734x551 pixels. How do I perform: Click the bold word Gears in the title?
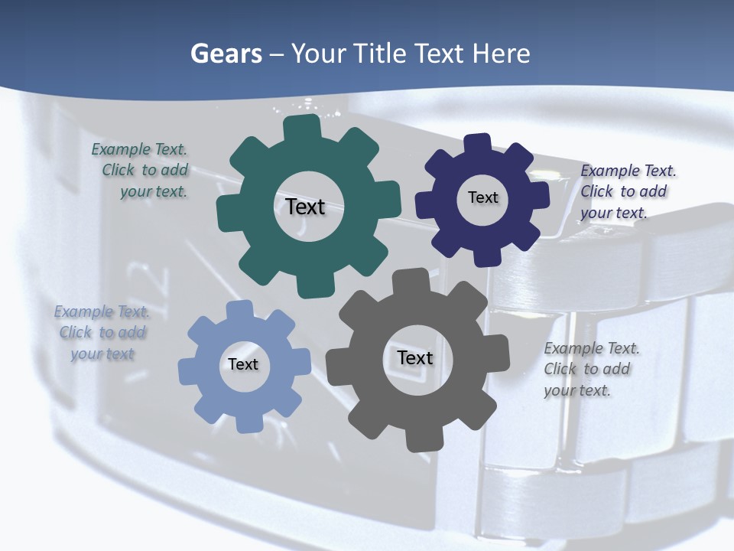pos(226,54)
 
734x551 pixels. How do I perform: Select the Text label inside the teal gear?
pos(305,207)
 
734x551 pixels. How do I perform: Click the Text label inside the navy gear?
pos(482,197)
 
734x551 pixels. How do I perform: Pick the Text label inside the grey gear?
pos(415,357)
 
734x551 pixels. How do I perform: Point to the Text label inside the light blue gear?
pos(243,364)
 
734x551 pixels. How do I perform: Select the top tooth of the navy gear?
pos(479,145)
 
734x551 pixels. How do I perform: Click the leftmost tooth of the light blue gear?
pos(188,371)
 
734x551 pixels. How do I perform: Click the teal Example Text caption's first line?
pos(139,149)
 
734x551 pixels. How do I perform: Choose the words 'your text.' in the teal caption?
pos(154,191)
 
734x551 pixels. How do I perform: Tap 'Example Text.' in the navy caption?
pos(628,171)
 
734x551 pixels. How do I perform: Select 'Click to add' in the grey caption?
pos(587,369)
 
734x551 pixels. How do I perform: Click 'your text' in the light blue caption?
pos(102,354)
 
